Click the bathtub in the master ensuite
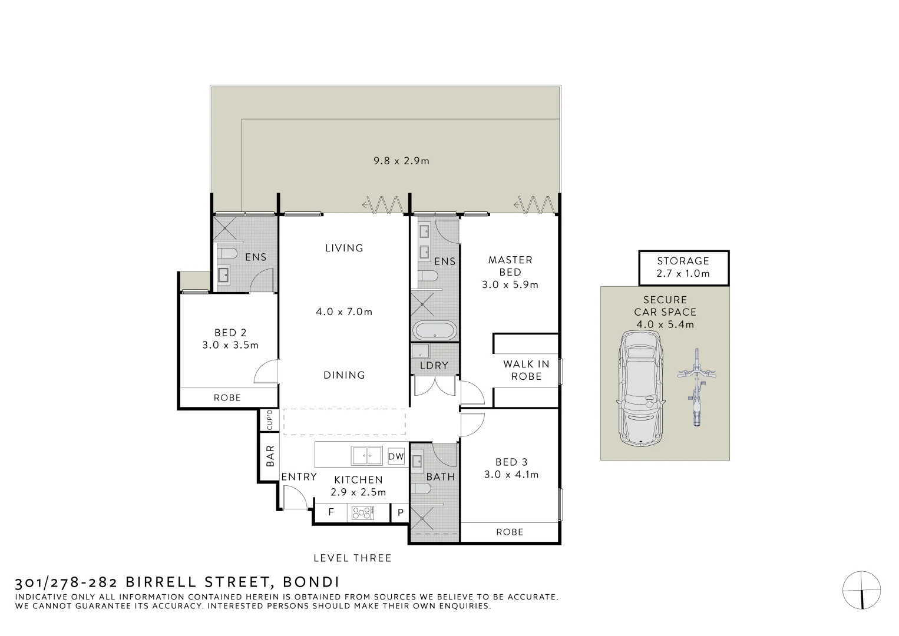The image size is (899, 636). (x=434, y=330)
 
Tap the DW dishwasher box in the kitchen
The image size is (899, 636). (x=396, y=456)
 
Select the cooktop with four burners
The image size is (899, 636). (x=362, y=513)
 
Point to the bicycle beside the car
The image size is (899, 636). (x=696, y=387)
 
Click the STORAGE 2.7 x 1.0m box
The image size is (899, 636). (x=683, y=267)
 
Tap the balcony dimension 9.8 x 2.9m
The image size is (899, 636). (x=401, y=160)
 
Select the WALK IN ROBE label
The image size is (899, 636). (x=526, y=370)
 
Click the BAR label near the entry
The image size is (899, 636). (x=270, y=455)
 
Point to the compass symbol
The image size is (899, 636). (x=861, y=589)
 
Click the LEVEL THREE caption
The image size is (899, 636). (x=352, y=558)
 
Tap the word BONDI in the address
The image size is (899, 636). (x=311, y=582)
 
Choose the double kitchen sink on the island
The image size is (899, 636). (x=366, y=456)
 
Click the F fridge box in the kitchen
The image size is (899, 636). (x=331, y=512)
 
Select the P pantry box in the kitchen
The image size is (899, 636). (x=400, y=512)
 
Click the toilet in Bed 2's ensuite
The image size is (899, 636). (x=226, y=254)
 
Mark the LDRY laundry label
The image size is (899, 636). (x=434, y=365)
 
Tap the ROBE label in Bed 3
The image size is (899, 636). (x=510, y=532)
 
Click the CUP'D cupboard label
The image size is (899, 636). (x=269, y=420)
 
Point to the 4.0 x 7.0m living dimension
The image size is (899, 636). (x=344, y=312)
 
